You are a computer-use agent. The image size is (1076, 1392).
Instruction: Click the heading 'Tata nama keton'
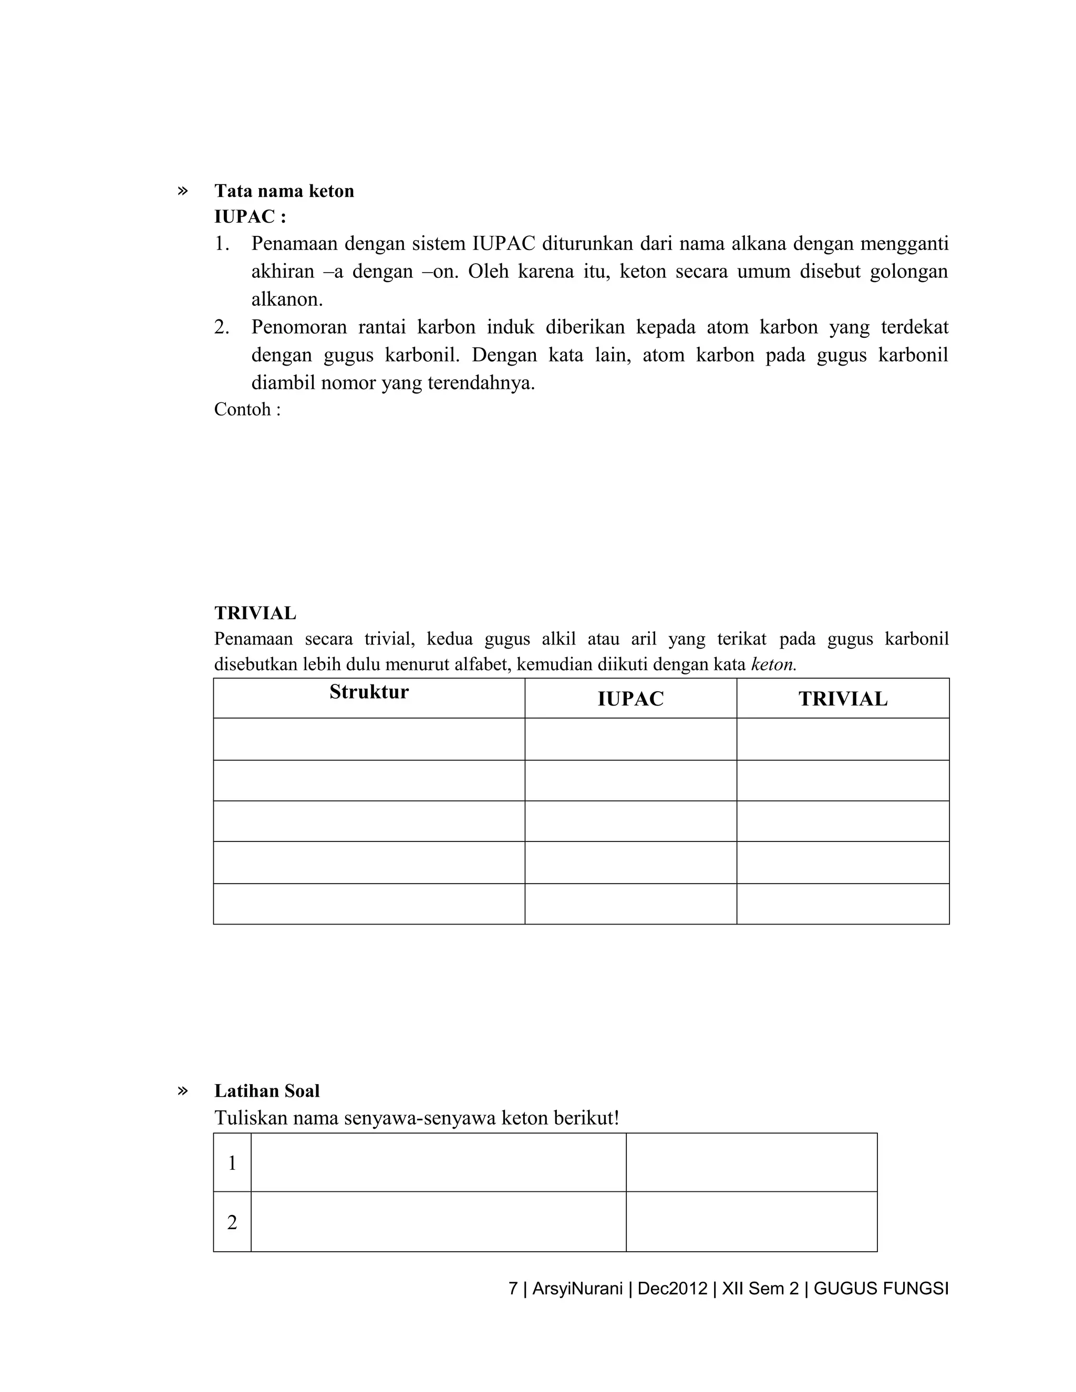[284, 191]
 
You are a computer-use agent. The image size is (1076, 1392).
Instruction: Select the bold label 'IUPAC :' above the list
[250, 217]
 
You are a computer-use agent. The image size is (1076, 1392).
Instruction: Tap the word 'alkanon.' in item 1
[287, 299]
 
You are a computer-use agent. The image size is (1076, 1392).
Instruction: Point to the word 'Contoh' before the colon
[242, 409]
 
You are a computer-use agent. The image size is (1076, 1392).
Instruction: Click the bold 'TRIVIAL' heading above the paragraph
[255, 613]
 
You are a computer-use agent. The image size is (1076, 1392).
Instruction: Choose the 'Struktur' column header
[369, 692]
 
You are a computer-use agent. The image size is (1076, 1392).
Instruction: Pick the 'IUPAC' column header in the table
[630, 699]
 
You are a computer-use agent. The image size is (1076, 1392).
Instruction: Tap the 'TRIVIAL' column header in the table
[843, 699]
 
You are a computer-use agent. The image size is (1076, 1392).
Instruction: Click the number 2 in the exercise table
[232, 1222]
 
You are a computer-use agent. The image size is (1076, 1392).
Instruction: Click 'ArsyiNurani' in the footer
[577, 1289]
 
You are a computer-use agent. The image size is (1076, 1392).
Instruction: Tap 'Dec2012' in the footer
[672, 1289]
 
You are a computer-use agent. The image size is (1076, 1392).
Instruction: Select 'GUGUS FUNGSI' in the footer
[881, 1289]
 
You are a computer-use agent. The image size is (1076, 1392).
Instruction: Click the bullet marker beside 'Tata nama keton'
[183, 191]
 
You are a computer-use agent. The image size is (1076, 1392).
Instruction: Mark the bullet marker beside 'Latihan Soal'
[183, 1090]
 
